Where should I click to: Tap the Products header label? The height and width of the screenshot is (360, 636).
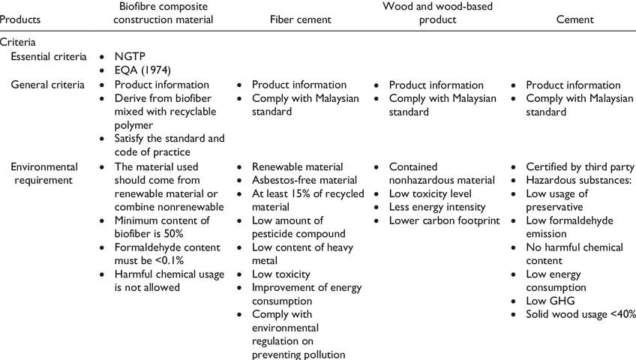[20, 20]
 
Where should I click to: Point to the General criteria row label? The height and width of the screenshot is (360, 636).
[47, 85]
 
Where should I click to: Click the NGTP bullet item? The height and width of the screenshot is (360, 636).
[130, 57]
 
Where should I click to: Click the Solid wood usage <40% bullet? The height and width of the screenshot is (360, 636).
[580, 315]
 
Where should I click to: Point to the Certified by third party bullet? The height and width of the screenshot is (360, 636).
[580, 166]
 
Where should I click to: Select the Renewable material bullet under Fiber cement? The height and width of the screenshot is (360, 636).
[297, 166]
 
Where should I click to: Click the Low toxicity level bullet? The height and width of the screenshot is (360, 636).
[431, 193]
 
